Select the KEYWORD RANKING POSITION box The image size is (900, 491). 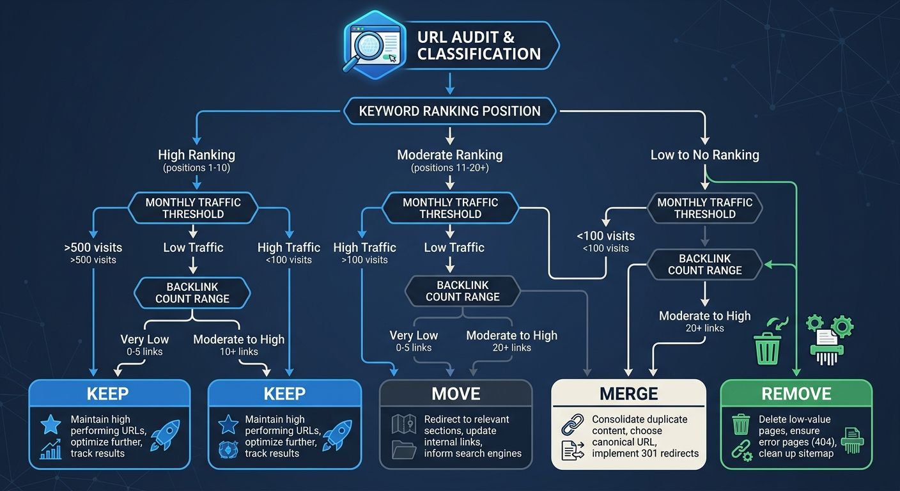click(x=449, y=111)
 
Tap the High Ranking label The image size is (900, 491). click(x=196, y=155)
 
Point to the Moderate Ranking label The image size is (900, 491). click(x=449, y=155)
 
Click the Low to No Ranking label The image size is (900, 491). click(x=704, y=155)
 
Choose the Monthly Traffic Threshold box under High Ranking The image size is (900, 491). click(x=193, y=208)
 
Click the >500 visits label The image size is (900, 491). click(x=93, y=247)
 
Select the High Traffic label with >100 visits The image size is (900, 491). click(x=364, y=247)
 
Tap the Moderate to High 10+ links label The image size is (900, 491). click(x=238, y=339)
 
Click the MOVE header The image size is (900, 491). click(x=456, y=393)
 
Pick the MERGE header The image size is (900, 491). click(x=628, y=394)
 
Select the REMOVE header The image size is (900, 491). click(x=796, y=393)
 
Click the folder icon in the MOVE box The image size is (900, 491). click(x=403, y=449)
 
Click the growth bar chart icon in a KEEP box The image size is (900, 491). click(x=50, y=449)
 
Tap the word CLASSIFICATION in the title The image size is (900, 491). click(x=479, y=54)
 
